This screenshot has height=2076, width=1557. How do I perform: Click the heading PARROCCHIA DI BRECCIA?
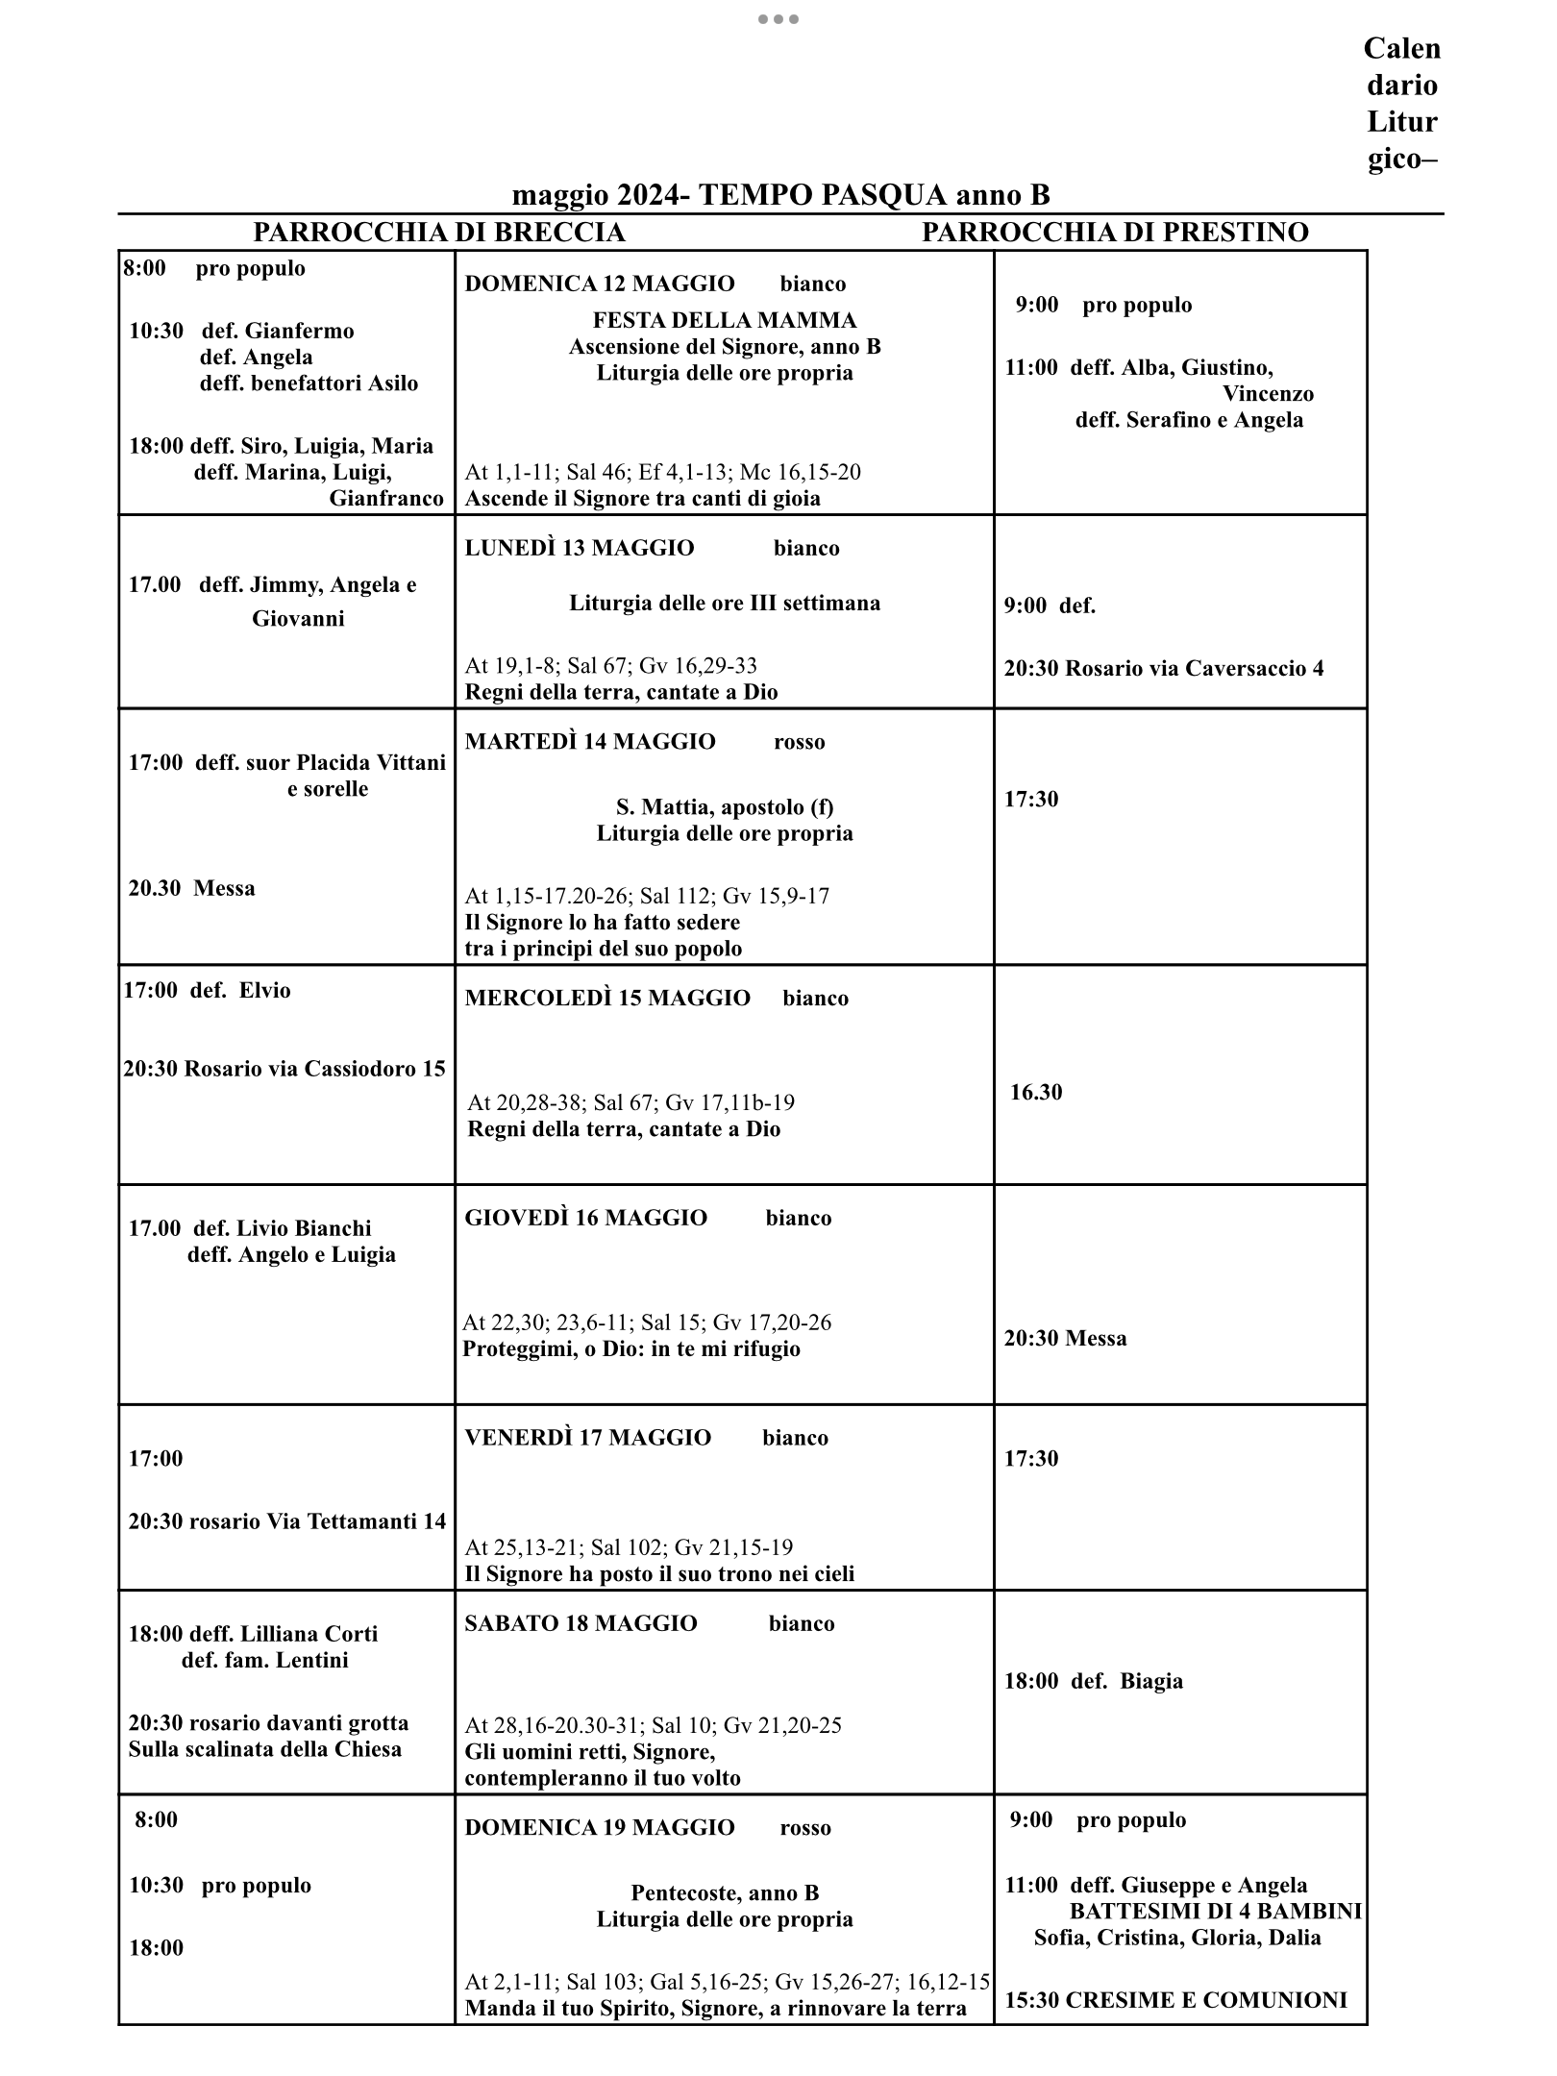[438, 233]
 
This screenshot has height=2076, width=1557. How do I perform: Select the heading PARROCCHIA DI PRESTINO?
[1115, 233]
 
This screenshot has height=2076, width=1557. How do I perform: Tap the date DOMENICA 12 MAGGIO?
[599, 284]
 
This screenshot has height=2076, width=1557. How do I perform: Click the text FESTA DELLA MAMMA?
[724, 320]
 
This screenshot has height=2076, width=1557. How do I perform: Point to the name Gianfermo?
[299, 332]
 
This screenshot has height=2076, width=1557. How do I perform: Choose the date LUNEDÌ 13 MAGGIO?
[579, 548]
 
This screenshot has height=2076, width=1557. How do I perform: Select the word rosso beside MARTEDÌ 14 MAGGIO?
[799, 742]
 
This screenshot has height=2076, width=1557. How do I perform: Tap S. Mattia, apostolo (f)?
[724, 807]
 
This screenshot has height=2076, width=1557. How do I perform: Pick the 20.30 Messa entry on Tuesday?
[192, 888]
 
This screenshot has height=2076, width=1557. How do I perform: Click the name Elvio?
[264, 991]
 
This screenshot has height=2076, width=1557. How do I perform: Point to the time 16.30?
[1035, 1093]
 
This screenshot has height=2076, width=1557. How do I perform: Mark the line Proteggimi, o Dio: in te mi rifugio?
[630, 1348]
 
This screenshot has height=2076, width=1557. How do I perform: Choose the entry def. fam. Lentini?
[264, 1660]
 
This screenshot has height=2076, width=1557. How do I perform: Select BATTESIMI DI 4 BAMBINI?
[1215, 1912]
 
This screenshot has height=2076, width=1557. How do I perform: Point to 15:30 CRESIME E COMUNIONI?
[1175, 2000]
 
